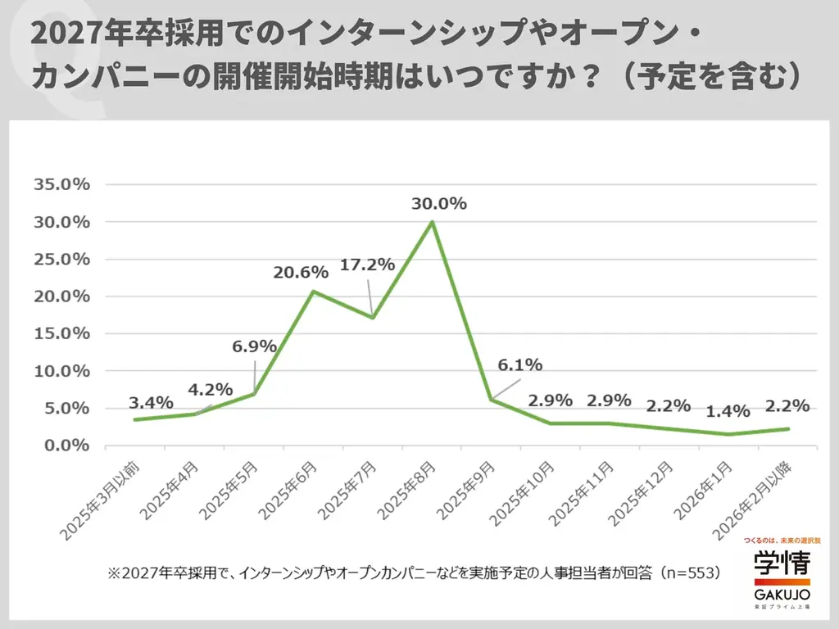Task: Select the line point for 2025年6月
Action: [x=313, y=292]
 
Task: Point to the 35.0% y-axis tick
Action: [x=61, y=184]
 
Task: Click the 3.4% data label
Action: [x=151, y=402]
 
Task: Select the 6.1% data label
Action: [x=519, y=365]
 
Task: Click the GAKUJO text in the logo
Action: [x=782, y=592]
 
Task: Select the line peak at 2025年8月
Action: [x=432, y=222]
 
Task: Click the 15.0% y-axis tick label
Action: [x=61, y=333]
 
